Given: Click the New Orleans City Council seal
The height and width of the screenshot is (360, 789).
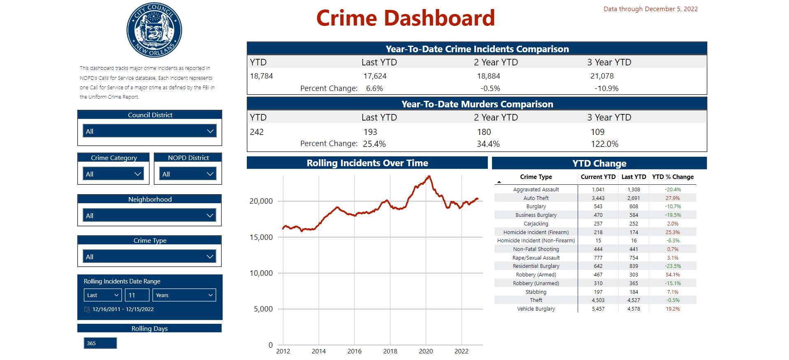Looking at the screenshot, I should click(x=154, y=30).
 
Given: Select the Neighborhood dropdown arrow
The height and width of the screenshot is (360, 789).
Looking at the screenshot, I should click(x=210, y=216).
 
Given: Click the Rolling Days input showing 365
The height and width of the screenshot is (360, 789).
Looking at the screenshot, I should click(x=100, y=343).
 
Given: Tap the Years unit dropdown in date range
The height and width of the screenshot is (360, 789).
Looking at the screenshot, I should click(x=184, y=295).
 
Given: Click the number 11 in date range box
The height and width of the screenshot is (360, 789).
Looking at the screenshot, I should click(x=137, y=295).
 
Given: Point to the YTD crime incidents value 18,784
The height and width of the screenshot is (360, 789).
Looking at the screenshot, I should click(x=262, y=76).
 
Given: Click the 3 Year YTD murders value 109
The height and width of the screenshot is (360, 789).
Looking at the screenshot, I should click(x=597, y=132).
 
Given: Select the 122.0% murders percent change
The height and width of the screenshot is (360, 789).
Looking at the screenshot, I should click(x=604, y=144).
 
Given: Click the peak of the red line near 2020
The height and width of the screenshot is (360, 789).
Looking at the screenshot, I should click(x=429, y=177).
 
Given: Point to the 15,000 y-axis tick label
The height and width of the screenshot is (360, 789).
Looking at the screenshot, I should click(x=261, y=237).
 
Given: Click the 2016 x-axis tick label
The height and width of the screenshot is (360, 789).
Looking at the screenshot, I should click(x=354, y=351).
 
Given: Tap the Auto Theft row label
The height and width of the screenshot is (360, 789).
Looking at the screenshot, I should click(x=536, y=198).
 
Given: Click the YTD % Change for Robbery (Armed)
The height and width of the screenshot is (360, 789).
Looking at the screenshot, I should click(x=673, y=275).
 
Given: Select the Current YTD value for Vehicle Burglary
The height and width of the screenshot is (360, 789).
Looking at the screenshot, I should click(x=598, y=309).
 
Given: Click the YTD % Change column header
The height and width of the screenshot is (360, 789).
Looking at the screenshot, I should click(x=673, y=177).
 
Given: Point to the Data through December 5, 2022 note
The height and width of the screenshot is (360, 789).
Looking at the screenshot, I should click(x=650, y=9).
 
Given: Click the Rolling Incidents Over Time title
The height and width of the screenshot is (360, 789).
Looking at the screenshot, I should click(x=367, y=163).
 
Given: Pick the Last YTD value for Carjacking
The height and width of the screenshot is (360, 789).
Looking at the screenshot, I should click(x=634, y=224).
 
